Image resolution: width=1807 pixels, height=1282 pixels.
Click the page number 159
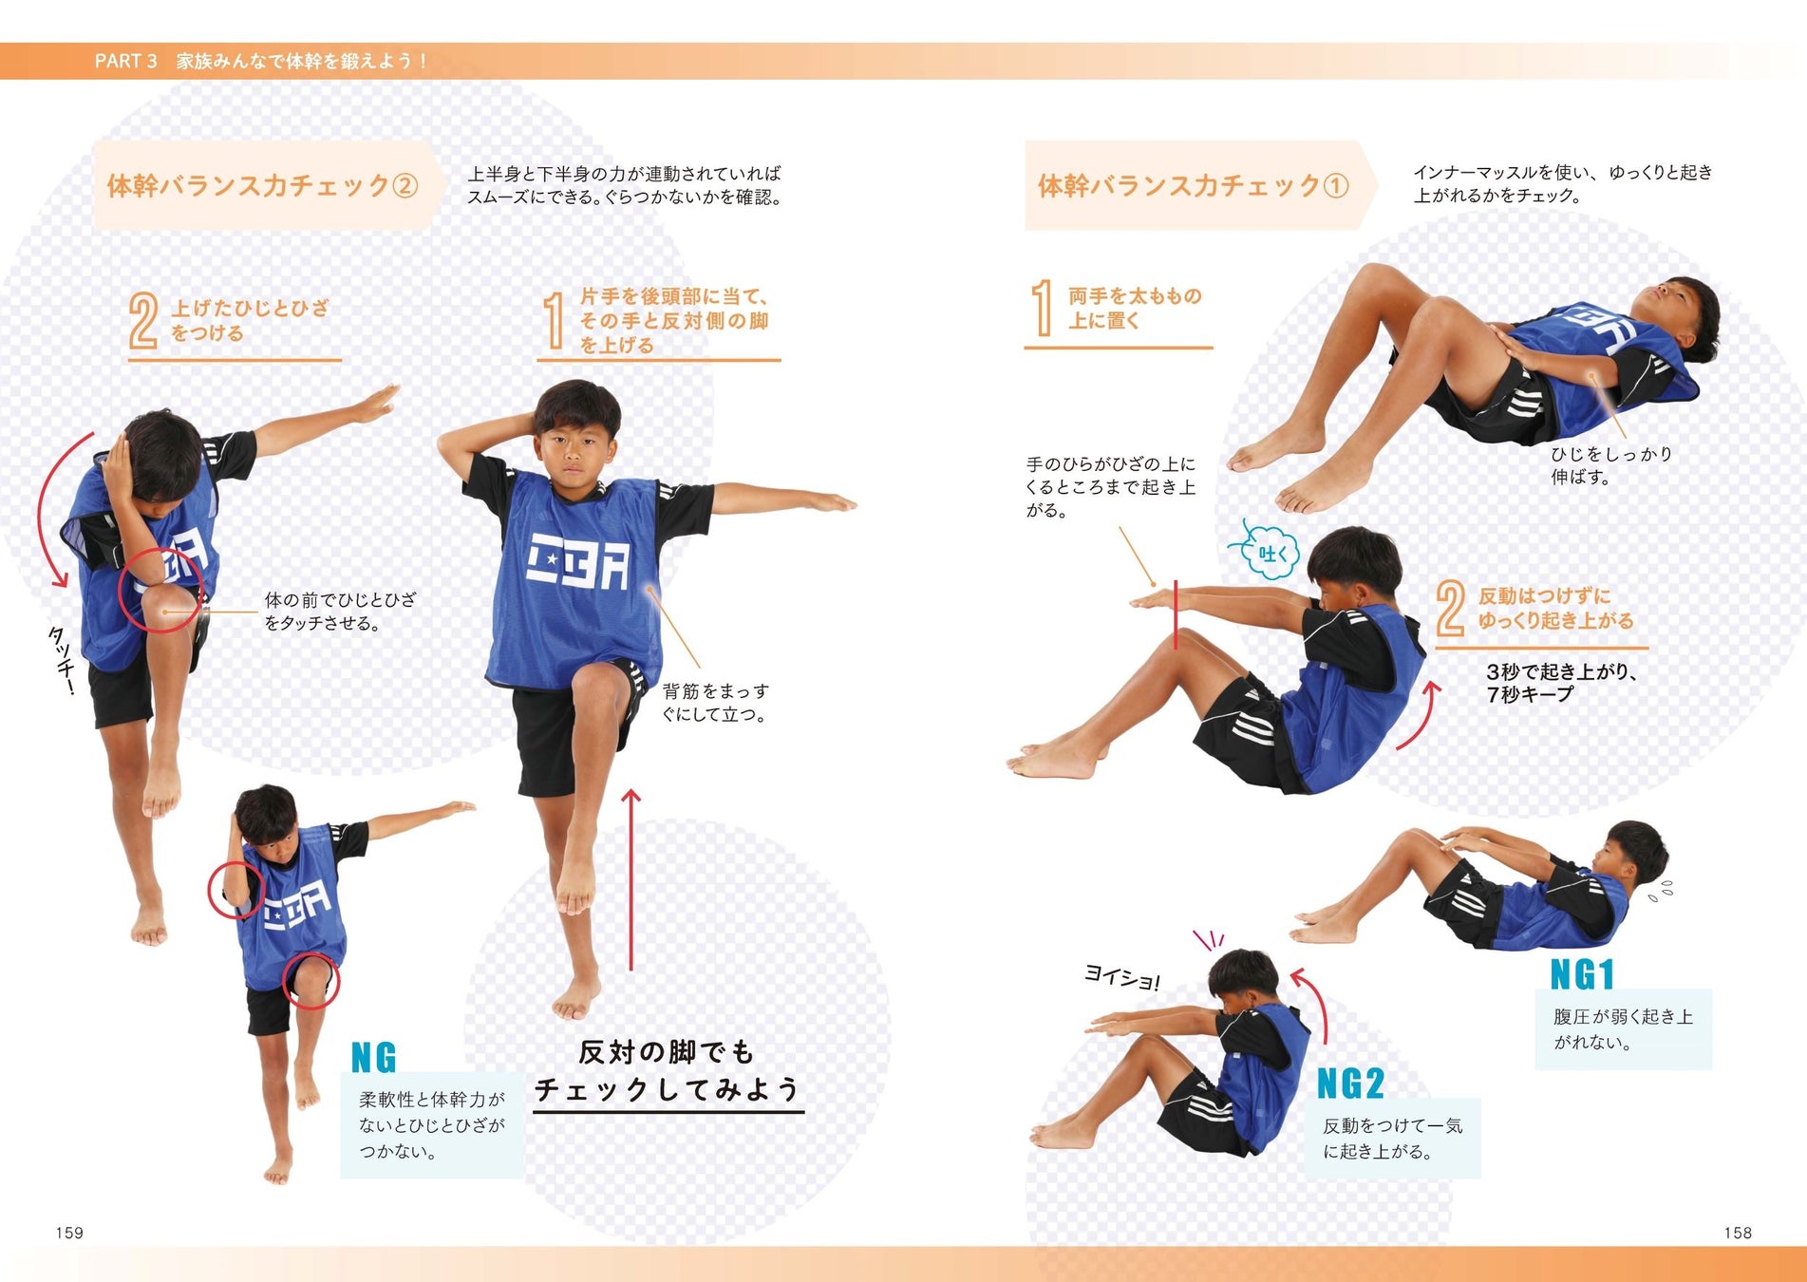click(69, 1233)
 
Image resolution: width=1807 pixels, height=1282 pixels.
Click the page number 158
click(1738, 1233)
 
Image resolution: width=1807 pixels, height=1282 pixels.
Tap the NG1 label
click(1582, 974)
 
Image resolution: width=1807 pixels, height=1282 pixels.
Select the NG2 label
click(1350, 1084)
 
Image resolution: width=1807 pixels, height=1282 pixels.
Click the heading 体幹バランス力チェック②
click(262, 185)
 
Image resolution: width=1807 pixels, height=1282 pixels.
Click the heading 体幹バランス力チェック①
click(1193, 185)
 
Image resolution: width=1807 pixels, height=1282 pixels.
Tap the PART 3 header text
click(261, 61)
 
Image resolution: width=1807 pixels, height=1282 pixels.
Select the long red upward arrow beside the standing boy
click(631, 879)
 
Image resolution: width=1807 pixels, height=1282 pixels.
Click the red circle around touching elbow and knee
click(160, 590)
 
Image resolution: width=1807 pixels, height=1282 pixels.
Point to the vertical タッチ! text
click(62, 660)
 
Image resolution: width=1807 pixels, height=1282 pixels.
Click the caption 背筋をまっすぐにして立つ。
click(716, 702)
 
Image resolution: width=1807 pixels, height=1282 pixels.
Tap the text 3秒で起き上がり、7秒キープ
click(1562, 683)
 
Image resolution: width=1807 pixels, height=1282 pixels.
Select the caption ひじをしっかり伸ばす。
click(1611, 465)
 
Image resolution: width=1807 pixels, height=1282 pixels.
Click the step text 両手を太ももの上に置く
click(1134, 309)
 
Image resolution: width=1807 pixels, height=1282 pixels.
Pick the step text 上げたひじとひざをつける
click(250, 320)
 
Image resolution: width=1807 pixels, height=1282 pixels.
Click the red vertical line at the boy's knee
click(1176, 615)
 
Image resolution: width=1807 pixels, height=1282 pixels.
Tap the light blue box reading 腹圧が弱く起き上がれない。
click(1624, 1029)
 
